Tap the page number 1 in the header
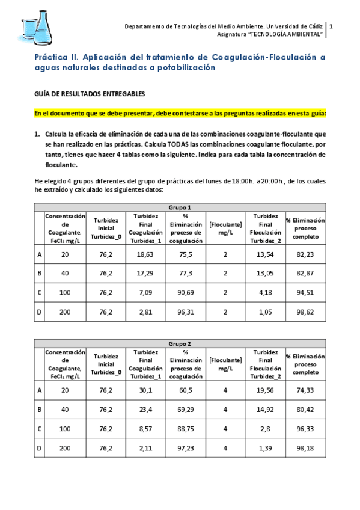point(331,26)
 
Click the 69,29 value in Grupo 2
point(186,413)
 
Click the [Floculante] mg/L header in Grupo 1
point(225,228)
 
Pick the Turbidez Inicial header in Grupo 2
point(106,364)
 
